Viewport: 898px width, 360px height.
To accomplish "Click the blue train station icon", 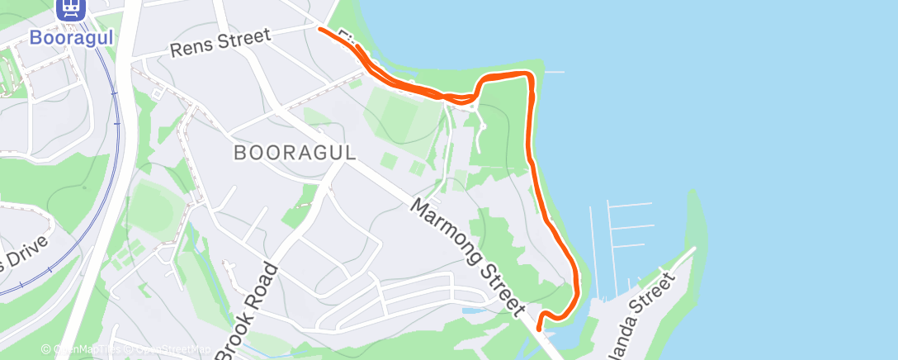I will coord(71,9).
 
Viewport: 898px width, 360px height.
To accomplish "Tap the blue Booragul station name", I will coord(71,37).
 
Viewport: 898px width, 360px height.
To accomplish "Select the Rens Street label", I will coord(220,44).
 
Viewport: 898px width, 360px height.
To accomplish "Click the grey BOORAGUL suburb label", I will coord(295,153).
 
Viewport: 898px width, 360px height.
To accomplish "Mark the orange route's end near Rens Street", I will coord(320,29).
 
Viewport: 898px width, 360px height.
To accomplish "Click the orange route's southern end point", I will coord(539,327).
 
